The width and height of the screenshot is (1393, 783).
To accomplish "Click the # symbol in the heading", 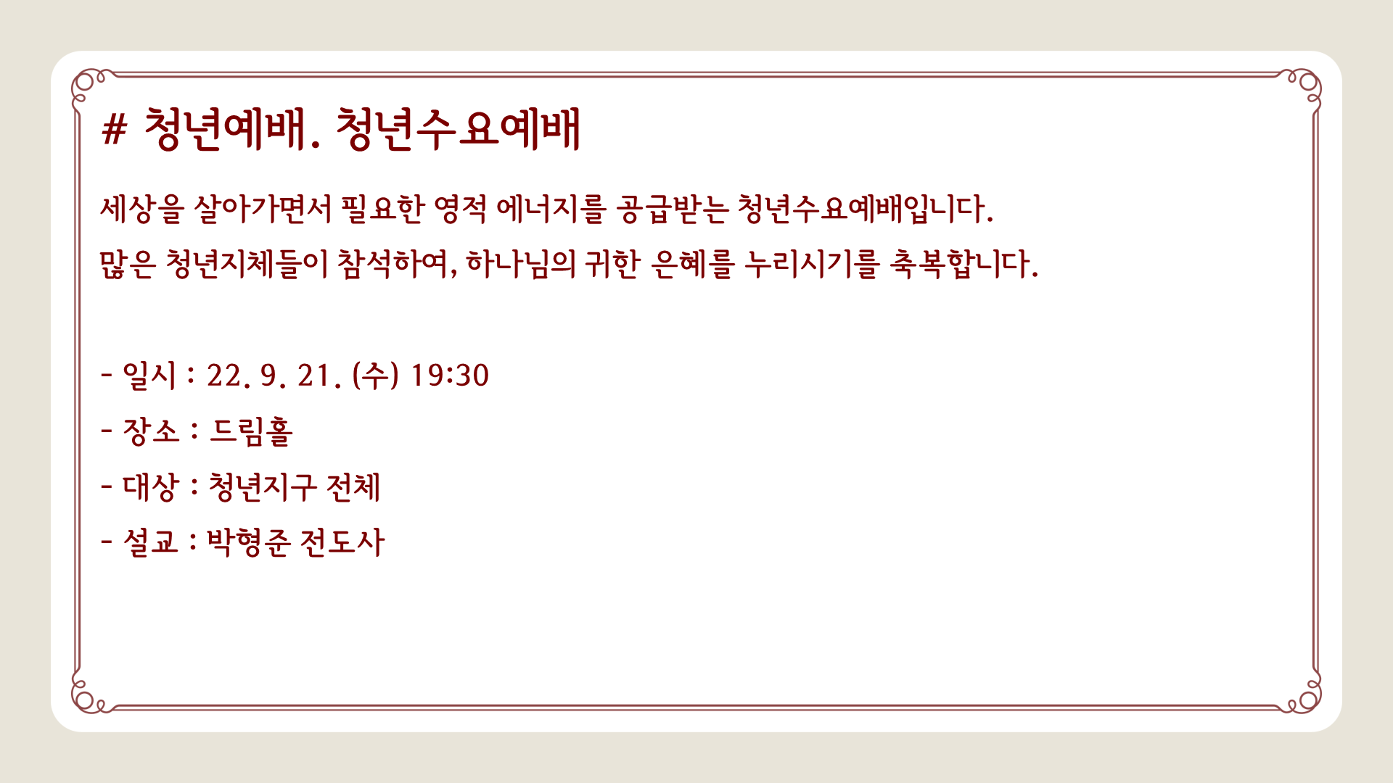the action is pyautogui.click(x=114, y=130).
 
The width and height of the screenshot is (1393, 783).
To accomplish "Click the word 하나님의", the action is pyautogui.click(x=521, y=264).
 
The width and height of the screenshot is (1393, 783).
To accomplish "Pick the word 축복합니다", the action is pyautogui.click(x=963, y=264).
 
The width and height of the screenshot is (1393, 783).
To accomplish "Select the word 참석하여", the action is pyautogui.click(x=398, y=264).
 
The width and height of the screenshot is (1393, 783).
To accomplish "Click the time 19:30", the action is pyautogui.click(x=450, y=376).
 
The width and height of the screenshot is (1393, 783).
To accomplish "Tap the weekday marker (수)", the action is pyautogui.click(x=375, y=376).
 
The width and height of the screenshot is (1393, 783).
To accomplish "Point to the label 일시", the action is pyautogui.click(x=149, y=376).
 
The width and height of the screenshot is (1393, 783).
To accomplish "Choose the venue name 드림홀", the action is pyautogui.click(x=251, y=431).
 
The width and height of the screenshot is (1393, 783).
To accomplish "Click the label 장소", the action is pyautogui.click(x=150, y=431).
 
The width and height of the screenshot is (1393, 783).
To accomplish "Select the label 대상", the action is pyautogui.click(x=150, y=486).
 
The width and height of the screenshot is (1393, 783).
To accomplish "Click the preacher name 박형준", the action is pyautogui.click(x=249, y=542).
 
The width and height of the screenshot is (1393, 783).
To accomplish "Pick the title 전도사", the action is pyautogui.click(x=342, y=542).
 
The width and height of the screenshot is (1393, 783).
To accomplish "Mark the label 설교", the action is pyautogui.click(x=150, y=542).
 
